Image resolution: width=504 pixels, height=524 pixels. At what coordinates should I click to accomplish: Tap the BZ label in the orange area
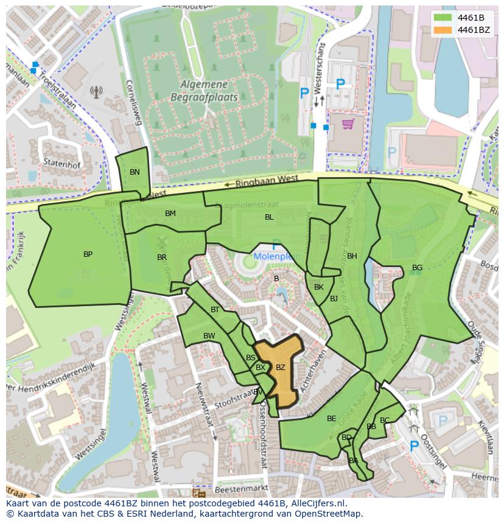[x=280, y=368]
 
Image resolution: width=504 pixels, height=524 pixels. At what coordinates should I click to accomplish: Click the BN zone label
[x=135, y=172]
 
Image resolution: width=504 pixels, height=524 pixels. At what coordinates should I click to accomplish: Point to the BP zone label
[x=88, y=254]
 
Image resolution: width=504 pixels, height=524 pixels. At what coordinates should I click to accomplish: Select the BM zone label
[x=170, y=214]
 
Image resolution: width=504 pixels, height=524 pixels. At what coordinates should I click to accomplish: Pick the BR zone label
[x=162, y=257]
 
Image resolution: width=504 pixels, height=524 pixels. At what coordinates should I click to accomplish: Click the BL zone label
[x=269, y=217]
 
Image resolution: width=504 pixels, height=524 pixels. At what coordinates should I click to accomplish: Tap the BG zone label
[x=417, y=268]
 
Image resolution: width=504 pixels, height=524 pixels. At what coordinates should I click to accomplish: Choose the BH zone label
[x=352, y=256]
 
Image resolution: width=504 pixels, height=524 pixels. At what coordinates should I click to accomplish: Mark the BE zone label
[x=331, y=419]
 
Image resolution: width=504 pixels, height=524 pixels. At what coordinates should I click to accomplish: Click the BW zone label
[x=209, y=336]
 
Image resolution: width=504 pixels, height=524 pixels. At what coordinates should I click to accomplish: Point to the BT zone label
[x=215, y=310]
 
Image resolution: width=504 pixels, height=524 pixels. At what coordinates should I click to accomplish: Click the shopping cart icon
[x=348, y=124]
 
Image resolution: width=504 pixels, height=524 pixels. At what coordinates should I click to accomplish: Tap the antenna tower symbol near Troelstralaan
[x=96, y=92]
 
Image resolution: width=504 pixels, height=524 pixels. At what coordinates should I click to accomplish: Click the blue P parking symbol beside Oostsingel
[x=415, y=446]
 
